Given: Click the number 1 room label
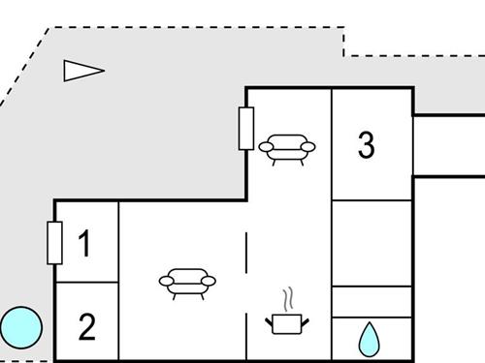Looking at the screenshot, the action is tap(84, 243).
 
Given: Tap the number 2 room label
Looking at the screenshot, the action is tap(86, 327).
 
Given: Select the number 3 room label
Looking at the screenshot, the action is tap(366, 145).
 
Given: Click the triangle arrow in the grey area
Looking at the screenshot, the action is tap(81, 71).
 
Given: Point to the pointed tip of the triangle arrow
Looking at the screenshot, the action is tap(103, 70).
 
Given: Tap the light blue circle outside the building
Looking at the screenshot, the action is tap(20, 329).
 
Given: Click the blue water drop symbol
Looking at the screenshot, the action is tap(370, 339).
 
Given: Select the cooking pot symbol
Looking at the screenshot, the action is tap(285, 322).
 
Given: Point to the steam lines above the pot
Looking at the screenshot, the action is tap(287, 297).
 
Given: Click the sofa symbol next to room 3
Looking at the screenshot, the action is tap(287, 147).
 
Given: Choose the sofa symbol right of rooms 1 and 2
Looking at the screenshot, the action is tap(187, 282).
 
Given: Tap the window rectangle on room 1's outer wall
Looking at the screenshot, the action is tap(54, 243).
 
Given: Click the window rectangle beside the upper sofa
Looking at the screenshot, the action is tap(245, 128).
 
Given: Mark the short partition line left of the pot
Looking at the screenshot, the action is tap(246, 254).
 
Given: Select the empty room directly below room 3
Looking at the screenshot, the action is tap(372, 242).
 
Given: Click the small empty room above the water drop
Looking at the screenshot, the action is tap(372, 301).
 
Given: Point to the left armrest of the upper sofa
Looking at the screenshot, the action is tap(265, 146).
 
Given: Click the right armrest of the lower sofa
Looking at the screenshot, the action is tap(210, 282).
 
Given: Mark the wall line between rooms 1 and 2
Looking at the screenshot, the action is tap(86, 283).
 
